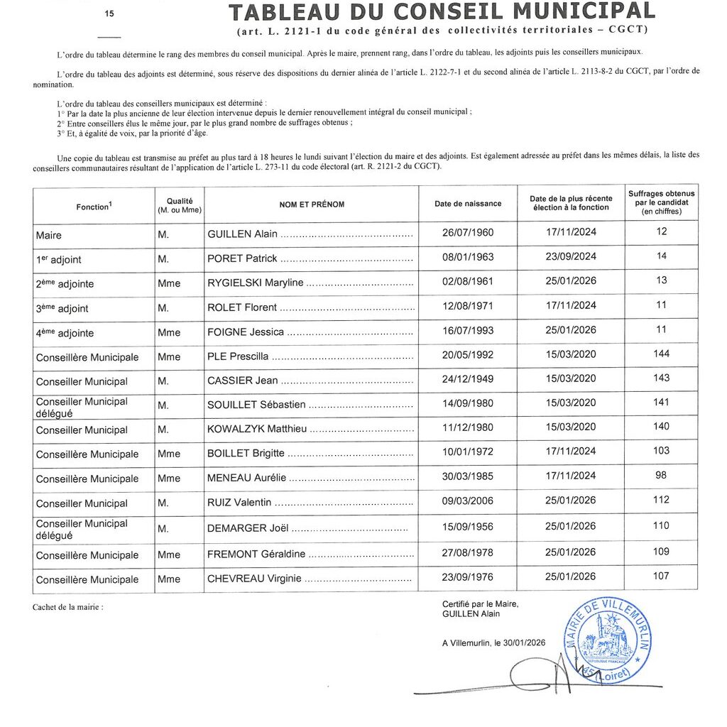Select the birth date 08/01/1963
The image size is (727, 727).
point(468,257)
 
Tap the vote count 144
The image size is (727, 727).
point(661,354)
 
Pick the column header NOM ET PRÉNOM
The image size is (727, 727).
point(312,204)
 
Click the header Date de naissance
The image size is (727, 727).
point(468,204)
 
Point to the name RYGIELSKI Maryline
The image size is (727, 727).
point(255,283)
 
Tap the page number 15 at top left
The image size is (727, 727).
point(109,13)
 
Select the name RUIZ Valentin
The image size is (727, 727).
point(239,502)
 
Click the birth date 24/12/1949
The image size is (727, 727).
point(468,379)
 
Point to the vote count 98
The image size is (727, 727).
point(661,475)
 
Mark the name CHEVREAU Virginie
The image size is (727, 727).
point(254,579)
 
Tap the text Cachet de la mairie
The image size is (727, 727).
point(67,608)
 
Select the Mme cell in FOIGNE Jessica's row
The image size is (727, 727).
point(169,332)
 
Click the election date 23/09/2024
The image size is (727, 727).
point(571,256)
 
